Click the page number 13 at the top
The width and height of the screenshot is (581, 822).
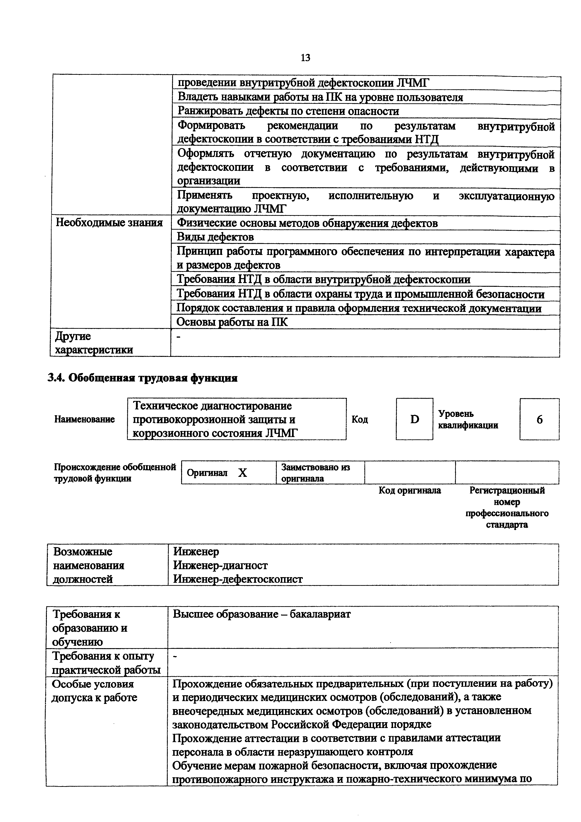click(x=305, y=58)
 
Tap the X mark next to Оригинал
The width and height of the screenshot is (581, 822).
click(x=243, y=473)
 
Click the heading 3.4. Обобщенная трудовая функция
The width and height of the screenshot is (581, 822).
click(x=142, y=378)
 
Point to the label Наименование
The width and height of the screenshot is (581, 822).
click(x=84, y=419)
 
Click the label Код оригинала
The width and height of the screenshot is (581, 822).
click(x=410, y=490)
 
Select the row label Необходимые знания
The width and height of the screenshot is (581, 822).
click(x=109, y=223)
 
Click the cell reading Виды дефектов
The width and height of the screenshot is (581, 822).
click(x=215, y=237)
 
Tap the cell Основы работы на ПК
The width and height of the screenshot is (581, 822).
click(x=232, y=322)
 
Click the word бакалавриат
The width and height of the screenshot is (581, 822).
click(x=320, y=614)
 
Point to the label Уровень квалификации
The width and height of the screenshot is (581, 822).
click(x=468, y=419)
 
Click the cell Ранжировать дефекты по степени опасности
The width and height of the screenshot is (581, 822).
click(x=288, y=111)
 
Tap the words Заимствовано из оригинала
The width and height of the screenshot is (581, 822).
click(x=315, y=473)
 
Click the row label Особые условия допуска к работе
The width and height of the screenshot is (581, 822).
click(x=94, y=691)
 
